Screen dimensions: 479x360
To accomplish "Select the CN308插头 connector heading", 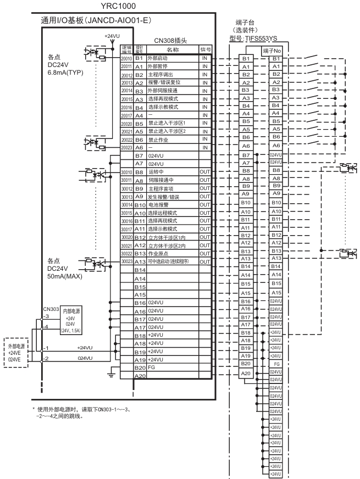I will click(170, 41).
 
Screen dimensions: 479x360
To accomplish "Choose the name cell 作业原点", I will click(160, 253).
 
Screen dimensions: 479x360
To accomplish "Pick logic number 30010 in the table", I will click(126, 171).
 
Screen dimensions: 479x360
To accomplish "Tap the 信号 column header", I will click(205, 49).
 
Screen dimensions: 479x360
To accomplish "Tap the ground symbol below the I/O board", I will click(112, 376).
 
